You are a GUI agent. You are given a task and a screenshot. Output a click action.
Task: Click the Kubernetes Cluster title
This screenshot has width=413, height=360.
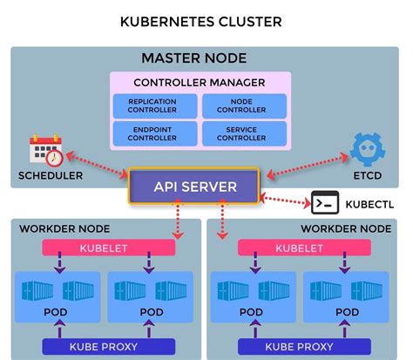point(206,19)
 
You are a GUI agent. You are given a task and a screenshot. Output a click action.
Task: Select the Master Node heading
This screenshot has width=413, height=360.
point(206,58)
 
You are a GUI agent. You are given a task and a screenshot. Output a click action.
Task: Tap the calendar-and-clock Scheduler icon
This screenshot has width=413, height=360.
point(46,152)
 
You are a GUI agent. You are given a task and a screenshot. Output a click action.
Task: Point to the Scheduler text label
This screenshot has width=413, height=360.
point(51,175)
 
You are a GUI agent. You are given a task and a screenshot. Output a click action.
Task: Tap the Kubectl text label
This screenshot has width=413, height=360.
point(369,204)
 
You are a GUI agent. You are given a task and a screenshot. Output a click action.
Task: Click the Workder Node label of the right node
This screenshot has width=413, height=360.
point(347,228)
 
